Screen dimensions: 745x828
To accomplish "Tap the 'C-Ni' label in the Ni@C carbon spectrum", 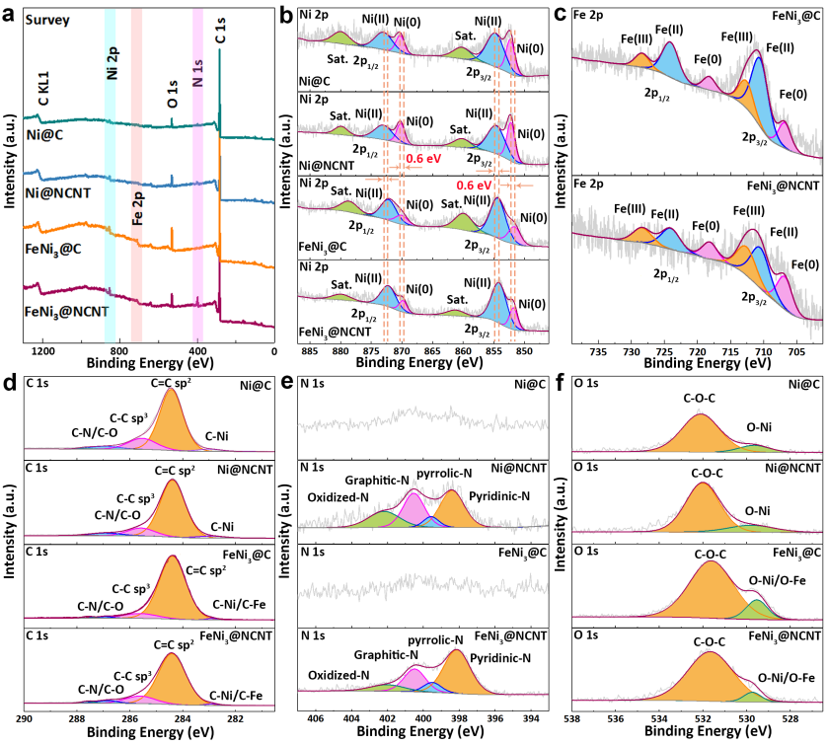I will pyautogui.click(x=218, y=434).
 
